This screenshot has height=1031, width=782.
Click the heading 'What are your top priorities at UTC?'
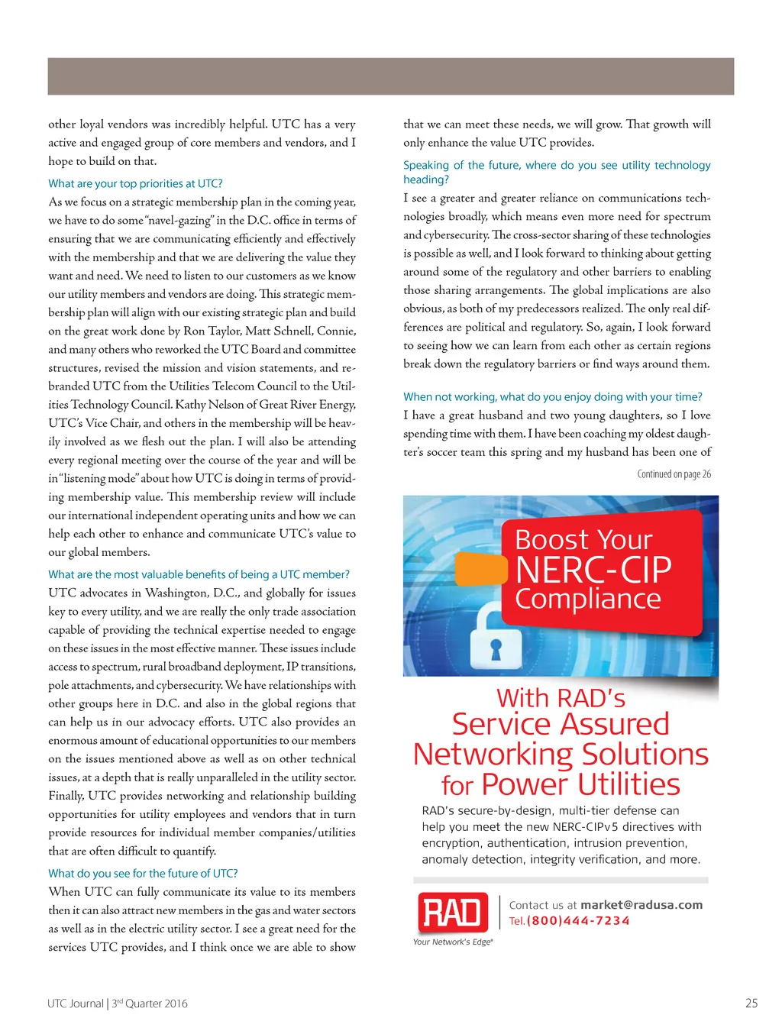pyautogui.click(x=135, y=183)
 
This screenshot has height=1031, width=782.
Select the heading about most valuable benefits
pyautogui.click(x=199, y=574)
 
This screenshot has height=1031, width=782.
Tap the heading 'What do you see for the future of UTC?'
pyautogui.click(x=143, y=873)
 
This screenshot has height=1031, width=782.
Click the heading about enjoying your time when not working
pyautogui.click(x=552, y=396)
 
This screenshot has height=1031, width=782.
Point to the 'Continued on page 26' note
pyautogui.click(x=674, y=474)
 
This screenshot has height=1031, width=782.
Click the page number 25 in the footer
pyautogui.click(x=751, y=1004)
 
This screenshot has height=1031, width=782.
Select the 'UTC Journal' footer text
pyautogui.click(x=75, y=1004)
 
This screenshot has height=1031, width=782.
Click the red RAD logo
pyautogui.click(x=453, y=912)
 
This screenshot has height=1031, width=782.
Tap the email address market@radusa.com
pyautogui.click(x=641, y=905)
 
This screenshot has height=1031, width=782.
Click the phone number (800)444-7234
pyautogui.click(x=578, y=921)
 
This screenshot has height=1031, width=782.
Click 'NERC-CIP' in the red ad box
pyautogui.click(x=593, y=570)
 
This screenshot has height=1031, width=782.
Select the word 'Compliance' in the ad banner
pyautogui.click(x=587, y=600)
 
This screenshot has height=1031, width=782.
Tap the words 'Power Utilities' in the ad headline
pyautogui.click(x=580, y=785)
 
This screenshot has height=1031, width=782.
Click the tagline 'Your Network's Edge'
pyautogui.click(x=453, y=942)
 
